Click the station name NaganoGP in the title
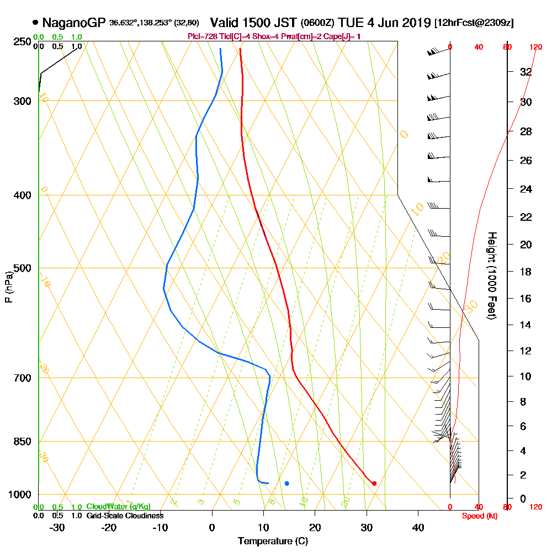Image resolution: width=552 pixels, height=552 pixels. click(73, 23)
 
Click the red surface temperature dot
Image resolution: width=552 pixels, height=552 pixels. click(374, 484)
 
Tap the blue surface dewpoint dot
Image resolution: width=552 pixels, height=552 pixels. click(286, 484)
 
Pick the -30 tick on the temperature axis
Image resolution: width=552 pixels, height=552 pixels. click(57, 527)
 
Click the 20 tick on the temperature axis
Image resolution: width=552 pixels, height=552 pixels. click(315, 527)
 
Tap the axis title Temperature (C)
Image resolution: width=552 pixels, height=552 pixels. click(273, 541)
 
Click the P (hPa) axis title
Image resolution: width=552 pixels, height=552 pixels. click(8, 287)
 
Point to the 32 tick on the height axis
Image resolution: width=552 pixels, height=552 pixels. click(526, 72)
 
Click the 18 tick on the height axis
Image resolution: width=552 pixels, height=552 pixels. click(526, 272)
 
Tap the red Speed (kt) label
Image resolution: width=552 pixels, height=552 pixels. click(478, 516)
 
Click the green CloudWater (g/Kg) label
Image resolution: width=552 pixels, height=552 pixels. click(118, 506)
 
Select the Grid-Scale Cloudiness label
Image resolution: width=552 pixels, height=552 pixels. click(125, 516)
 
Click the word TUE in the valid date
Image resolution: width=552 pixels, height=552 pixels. click(351, 23)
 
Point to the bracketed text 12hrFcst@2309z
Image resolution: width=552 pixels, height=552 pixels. click(474, 23)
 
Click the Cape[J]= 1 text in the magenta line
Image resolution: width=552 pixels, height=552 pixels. click(343, 36)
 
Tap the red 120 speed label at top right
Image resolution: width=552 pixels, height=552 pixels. click(535, 47)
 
